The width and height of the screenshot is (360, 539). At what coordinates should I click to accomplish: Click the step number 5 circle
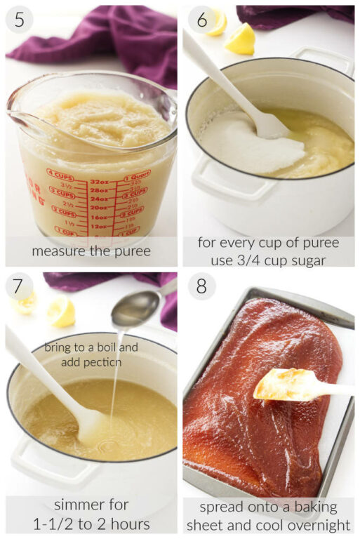click(x=19, y=20)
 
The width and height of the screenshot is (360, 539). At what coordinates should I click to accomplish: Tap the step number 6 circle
click(x=201, y=20)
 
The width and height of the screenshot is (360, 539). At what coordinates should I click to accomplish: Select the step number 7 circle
click(x=20, y=286)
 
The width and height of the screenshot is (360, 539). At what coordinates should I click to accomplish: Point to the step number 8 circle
click(x=201, y=286)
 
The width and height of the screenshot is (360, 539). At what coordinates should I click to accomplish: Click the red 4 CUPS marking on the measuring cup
click(x=60, y=172)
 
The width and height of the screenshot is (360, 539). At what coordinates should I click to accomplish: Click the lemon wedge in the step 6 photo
click(x=240, y=39)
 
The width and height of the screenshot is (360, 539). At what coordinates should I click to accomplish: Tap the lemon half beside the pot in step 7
click(x=62, y=312)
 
